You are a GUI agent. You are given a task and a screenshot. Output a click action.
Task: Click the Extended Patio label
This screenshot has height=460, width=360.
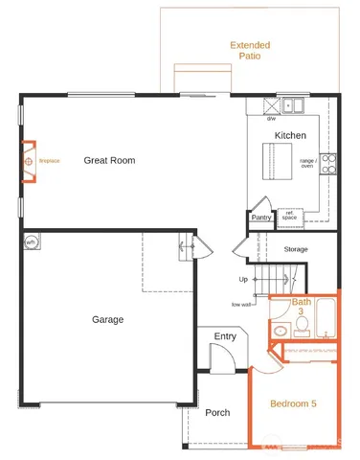250,50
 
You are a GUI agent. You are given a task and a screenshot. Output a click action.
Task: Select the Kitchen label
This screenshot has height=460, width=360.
290,136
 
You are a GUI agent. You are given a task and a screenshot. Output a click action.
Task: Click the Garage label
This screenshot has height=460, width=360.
108,319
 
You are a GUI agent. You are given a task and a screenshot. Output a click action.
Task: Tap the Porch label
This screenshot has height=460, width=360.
217,413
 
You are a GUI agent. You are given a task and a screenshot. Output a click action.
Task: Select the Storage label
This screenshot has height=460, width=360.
296,249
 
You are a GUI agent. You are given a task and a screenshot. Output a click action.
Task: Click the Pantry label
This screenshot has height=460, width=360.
261,218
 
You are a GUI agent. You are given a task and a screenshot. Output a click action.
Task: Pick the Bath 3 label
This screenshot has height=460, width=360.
303,307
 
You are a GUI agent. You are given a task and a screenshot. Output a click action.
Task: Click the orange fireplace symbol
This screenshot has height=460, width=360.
28,161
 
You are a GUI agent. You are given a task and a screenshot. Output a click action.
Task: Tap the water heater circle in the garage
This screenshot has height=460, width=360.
31,242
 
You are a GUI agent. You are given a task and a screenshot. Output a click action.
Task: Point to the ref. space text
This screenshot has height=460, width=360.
287,217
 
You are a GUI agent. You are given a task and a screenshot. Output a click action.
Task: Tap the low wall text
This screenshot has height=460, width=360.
242,304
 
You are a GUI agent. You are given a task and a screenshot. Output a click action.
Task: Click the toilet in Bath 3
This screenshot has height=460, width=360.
302,327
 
